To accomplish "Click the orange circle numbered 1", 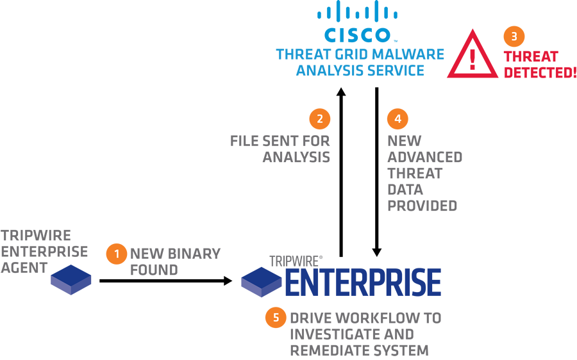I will coord(116,254).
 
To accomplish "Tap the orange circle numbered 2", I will coord(319,119).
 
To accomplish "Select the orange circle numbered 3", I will coord(514,37).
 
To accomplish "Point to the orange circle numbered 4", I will coord(397,119).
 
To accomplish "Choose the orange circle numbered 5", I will coord(276,318).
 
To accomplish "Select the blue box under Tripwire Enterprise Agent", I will coord(71,280).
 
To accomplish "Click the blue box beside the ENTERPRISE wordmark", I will coord(262,282).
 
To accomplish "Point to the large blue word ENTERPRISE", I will coord(362,282).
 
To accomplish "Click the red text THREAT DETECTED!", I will coord(539,65).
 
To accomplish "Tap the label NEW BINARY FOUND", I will coord(174,261).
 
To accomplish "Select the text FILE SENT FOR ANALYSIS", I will coord(281,149).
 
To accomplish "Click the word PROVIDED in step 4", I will coord(422,206).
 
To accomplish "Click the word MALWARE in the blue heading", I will coord(413,54).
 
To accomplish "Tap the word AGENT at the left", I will coord(24,267).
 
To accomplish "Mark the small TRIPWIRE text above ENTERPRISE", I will coord(295,261).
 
